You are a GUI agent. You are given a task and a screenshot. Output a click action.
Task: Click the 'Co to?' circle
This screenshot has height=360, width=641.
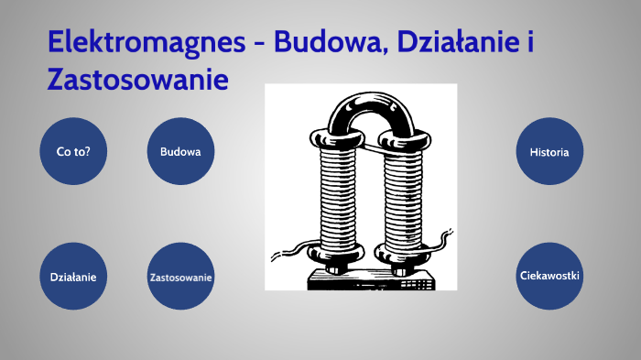pos(73,151)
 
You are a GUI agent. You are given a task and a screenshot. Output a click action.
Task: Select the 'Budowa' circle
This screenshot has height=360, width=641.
pos(180,151)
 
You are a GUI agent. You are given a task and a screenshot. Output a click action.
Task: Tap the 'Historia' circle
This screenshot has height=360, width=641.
pos(549,151)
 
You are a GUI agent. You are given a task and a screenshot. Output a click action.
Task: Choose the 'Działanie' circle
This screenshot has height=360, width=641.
pos(73,276)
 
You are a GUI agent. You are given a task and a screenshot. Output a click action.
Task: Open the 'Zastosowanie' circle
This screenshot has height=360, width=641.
pos(180,276)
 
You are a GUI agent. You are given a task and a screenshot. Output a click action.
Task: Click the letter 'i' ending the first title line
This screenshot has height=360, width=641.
pos(531,42)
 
